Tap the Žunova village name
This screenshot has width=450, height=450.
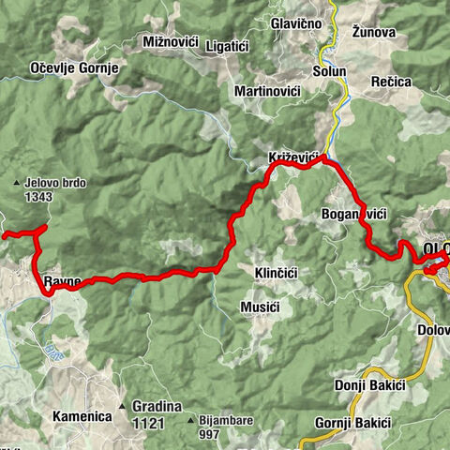tap(373, 32)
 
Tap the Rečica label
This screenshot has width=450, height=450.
tap(391, 82)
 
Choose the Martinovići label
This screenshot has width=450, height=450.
tap(272, 92)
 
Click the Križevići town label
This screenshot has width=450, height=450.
tap(295, 156)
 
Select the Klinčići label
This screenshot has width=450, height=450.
tap(276, 273)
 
